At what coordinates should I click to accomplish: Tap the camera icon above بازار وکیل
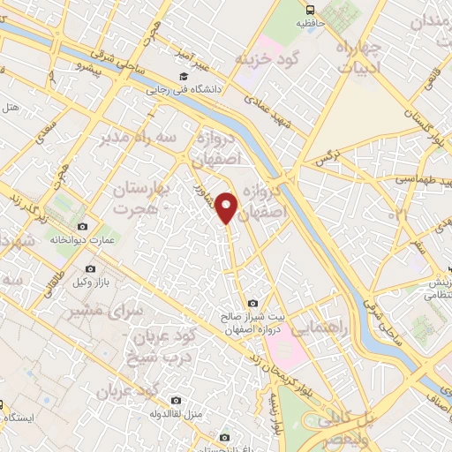[x=91, y=268]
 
